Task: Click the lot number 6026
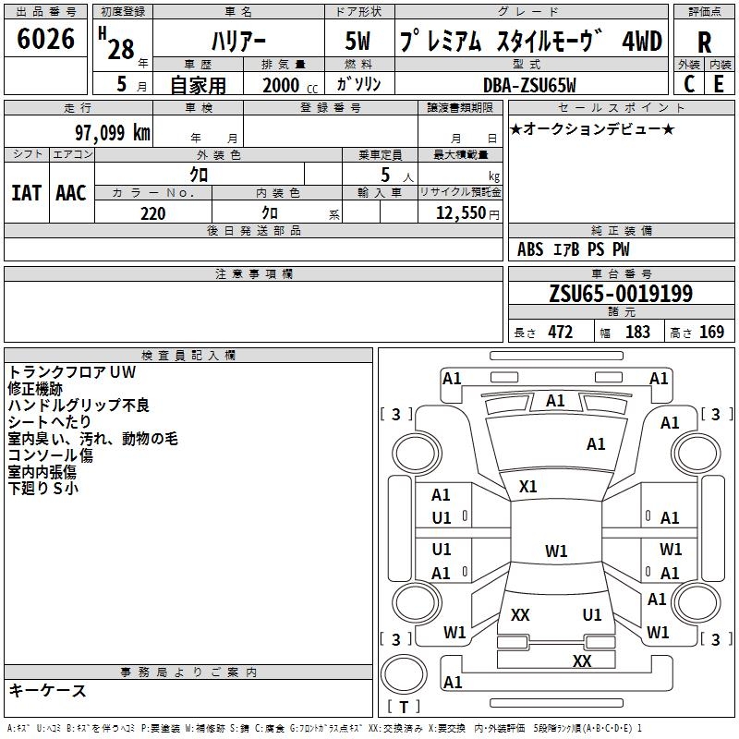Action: coord(46,40)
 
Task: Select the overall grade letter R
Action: coord(705,42)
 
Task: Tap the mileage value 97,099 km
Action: coord(112,132)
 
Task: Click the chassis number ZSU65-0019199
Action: coord(620,294)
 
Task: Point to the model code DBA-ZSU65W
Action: coord(529,84)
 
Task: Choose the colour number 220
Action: coord(152,213)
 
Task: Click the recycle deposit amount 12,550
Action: coord(459,213)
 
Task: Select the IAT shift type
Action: coord(26,192)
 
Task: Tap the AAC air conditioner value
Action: coord(70,192)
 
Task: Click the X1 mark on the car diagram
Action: coord(528,487)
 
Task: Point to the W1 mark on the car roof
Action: coord(556,551)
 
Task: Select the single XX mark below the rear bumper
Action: coord(582,660)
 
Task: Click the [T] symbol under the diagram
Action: coord(403,708)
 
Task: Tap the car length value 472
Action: coord(560,332)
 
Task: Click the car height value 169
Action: coord(711,332)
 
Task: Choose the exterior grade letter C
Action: coord(689,84)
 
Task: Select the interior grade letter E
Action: coord(719,84)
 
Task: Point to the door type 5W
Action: coord(360,42)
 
